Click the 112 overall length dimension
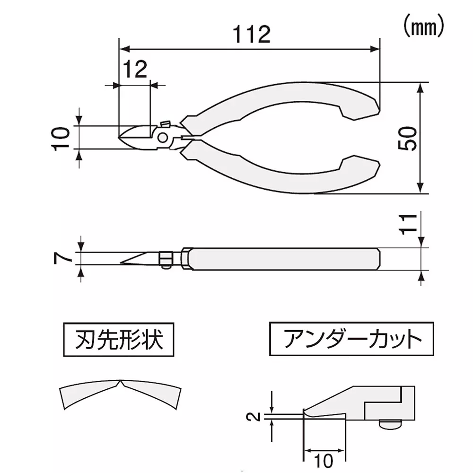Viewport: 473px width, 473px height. click(x=252, y=35)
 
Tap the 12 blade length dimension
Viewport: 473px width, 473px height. click(x=136, y=70)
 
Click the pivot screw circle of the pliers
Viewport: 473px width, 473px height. click(x=162, y=138)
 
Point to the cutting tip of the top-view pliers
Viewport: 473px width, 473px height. click(x=121, y=138)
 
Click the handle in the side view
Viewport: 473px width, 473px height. click(x=284, y=259)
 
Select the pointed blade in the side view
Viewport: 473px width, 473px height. click(x=140, y=258)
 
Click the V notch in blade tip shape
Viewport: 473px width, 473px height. click(x=121, y=384)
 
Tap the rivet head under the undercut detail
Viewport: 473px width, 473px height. click(x=391, y=425)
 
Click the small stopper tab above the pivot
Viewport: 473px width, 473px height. click(x=166, y=124)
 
